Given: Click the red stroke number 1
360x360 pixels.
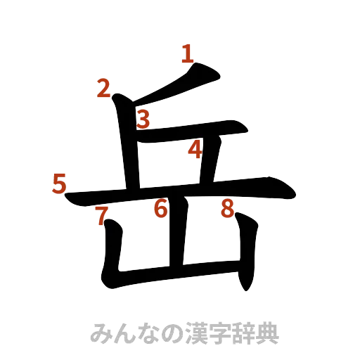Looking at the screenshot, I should click(x=186, y=53).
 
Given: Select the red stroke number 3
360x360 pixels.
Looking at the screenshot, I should click(x=143, y=120).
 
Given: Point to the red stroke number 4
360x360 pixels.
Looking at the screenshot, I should click(x=195, y=149).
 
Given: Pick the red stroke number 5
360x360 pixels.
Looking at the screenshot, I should click(x=60, y=184).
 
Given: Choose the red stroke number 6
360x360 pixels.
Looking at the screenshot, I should click(x=161, y=208).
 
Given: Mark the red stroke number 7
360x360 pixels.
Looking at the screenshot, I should click(x=102, y=216).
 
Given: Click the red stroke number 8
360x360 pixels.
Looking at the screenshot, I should click(x=226, y=208).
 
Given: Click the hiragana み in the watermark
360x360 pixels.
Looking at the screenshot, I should click(x=102, y=333).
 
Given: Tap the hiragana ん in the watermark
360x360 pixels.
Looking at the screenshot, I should click(x=127, y=333).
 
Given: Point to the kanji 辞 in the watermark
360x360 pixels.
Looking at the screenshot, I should click(x=248, y=333).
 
